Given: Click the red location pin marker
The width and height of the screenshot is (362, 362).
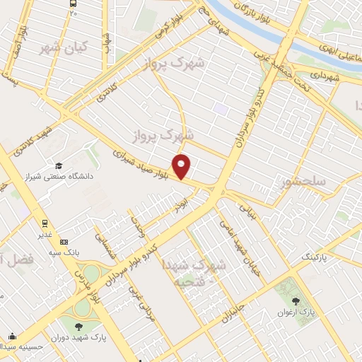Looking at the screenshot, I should click(x=182, y=165).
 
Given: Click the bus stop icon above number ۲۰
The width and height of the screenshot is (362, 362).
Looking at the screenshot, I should click(x=74, y=3).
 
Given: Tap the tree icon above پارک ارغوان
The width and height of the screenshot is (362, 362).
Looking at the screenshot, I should click(x=305, y=300).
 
